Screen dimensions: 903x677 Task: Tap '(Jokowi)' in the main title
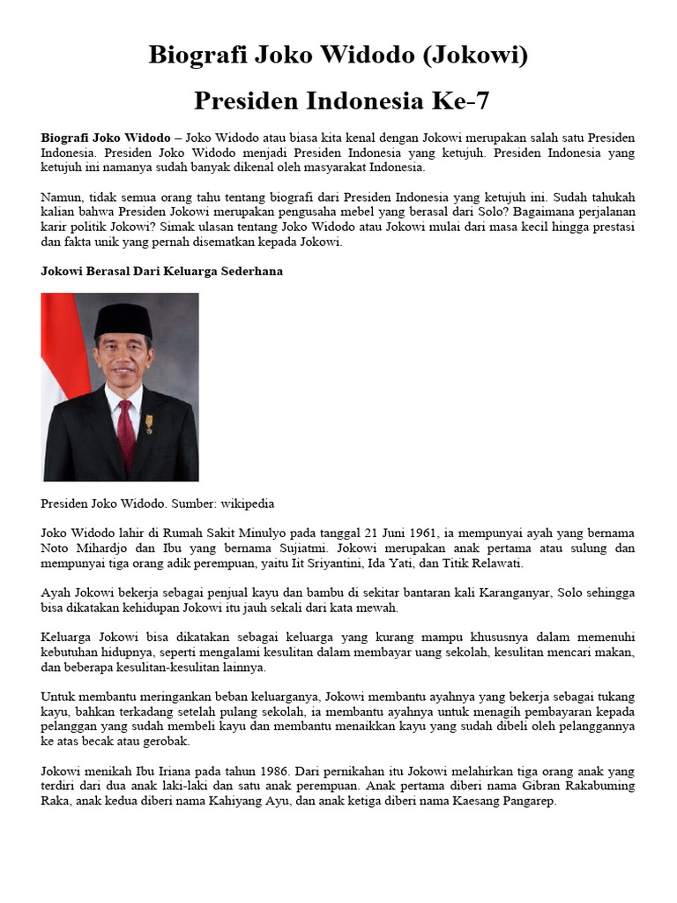click(472, 56)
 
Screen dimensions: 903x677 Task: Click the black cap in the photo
click(123, 319)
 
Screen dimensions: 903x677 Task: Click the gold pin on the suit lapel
click(149, 422)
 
